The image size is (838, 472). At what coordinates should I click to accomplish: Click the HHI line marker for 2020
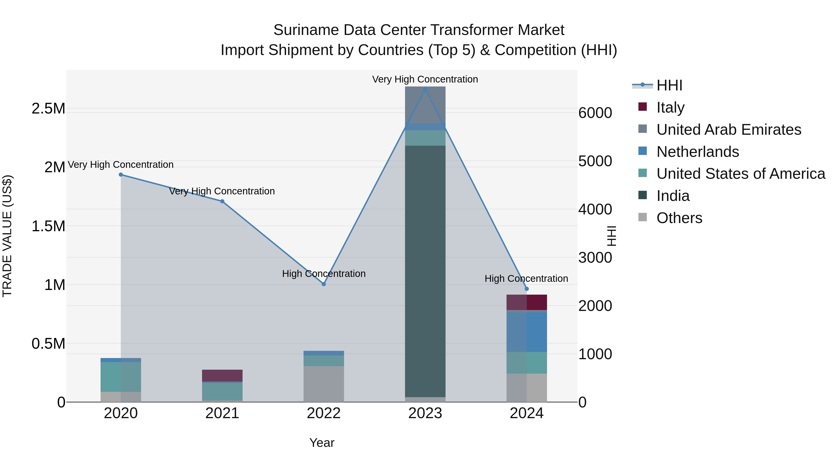pos(121,175)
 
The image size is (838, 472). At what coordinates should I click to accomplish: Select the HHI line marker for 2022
pos(324,284)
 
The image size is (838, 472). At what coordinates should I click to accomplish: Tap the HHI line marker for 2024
pos(527,289)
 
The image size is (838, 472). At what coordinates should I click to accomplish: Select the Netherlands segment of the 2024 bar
pos(527,332)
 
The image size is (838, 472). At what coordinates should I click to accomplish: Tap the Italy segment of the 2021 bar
pos(222,375)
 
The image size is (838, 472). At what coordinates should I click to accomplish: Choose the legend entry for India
pos(673,196)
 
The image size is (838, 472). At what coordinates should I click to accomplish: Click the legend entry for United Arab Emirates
pos(728,129)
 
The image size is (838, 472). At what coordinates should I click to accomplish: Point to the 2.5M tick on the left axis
pos(48,108)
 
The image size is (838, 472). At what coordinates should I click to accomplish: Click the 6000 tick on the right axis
pos(595,113)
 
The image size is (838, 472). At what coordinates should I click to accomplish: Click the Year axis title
pos(322,443)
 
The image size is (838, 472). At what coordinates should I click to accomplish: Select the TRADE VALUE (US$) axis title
pos(7,236)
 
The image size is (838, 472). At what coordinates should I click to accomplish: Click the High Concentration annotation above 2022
pos(324,274)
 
